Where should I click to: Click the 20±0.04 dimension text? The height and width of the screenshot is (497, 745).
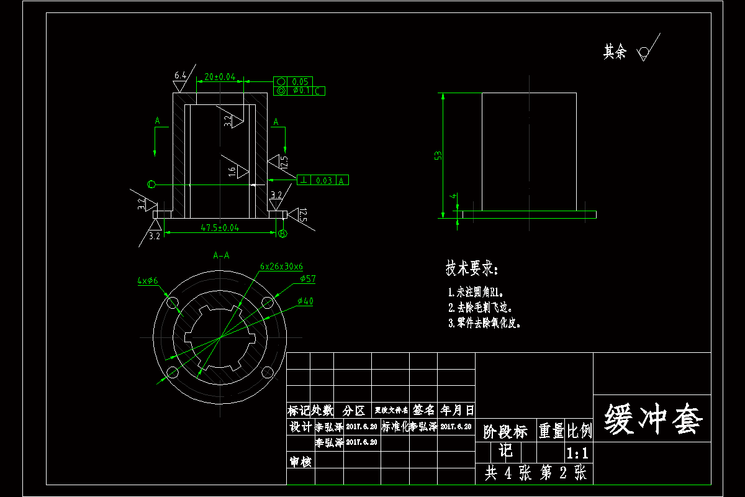[x=216, y=77]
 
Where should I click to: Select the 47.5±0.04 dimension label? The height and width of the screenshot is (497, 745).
[x=220, y=228]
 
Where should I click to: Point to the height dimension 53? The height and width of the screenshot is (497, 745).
[x=438, y=155]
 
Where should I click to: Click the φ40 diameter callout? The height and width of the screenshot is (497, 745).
[x=305, y=301]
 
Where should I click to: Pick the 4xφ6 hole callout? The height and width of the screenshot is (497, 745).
[x=148, y=281]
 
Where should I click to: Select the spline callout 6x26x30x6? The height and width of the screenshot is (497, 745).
[x=281, y=266]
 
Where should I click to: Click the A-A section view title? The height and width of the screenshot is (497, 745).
[x=221, y=255]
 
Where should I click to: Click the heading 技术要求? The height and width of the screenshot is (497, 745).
[x=472, y=269]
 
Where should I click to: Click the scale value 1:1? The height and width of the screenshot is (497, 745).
[x=578, y=452]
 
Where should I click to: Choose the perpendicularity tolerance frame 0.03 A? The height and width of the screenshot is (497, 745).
[x=323, y=180]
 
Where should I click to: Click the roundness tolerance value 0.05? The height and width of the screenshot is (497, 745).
[x=300, y=81]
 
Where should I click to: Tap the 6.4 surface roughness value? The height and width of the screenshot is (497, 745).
[x=179, y=75]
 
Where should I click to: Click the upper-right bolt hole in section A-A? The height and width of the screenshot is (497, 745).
[x=268, y=303]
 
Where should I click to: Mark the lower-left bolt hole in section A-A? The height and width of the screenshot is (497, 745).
[x=171, y=373]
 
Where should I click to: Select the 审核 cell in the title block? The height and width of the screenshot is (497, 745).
[x=300, y=462]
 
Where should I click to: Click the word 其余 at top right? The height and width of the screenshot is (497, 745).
[x=615, y=52]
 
